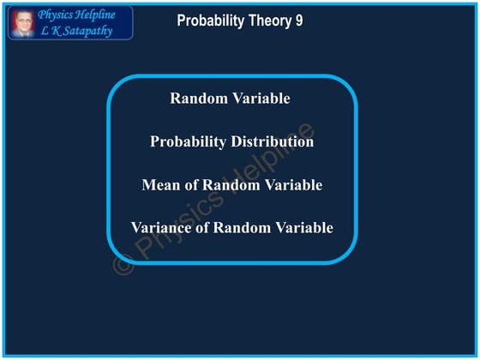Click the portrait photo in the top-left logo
click(x=21, y=22)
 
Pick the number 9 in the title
click(x=298, y=21)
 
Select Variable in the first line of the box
click(x=262, y=99)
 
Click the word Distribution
click(x=272, y=141)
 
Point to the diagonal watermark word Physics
click(x=177, y=227)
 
